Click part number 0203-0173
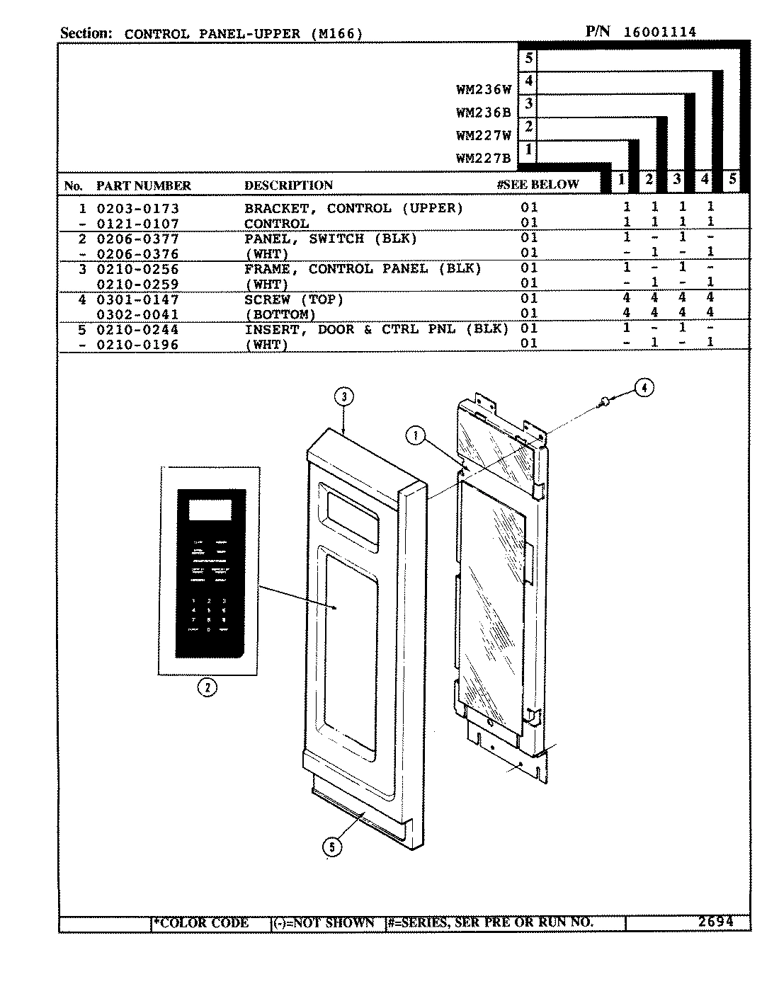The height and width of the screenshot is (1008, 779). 137,209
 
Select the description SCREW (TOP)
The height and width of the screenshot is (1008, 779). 294,299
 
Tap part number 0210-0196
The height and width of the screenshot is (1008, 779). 137,345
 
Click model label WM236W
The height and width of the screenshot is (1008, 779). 484,90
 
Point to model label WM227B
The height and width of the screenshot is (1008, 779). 484,159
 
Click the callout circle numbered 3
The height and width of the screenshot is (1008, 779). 343,397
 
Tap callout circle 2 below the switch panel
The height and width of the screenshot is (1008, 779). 207,687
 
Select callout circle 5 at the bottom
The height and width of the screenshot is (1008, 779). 331,846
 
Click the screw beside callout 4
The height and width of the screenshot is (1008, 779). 605,402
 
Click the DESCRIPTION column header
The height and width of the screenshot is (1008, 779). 288,185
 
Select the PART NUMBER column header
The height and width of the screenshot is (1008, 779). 144,185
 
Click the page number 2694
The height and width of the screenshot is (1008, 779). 715,922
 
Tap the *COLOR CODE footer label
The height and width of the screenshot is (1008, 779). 201,923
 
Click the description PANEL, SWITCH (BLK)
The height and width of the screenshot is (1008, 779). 331,239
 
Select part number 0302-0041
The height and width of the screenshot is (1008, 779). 137,314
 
